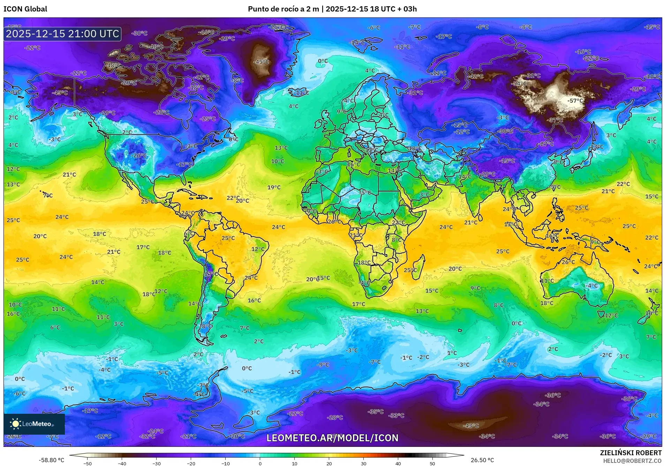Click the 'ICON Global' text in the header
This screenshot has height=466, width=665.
pos(25,9)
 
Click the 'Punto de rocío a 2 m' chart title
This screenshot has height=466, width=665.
pos(283,9)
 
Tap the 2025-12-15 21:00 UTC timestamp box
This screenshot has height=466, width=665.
pos(63,34)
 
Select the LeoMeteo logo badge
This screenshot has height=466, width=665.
pos(34,424)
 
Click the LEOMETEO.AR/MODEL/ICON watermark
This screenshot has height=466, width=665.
pos(332,438)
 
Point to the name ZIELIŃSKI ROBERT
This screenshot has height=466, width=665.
pos(630,453)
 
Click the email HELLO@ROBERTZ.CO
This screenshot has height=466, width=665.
pos(632,461)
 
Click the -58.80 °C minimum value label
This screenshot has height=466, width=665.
pos(51,460)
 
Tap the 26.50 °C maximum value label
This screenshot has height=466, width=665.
pos(482,460)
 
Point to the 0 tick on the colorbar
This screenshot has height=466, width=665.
pos(260,463)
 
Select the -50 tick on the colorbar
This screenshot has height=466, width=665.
pos(88,463)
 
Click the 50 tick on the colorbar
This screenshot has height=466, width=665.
pos(432,463)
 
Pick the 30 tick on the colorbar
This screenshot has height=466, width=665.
pos(363,463)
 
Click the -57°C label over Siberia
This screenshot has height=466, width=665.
pos(575,101)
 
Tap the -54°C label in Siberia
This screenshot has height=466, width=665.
pos(519,84)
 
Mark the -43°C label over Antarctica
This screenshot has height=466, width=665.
pos(471,426)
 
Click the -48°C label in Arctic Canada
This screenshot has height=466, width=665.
pos(113,65)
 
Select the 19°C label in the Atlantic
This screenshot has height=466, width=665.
pos(274,187)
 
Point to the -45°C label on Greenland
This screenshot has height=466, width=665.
pos(262,62)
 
